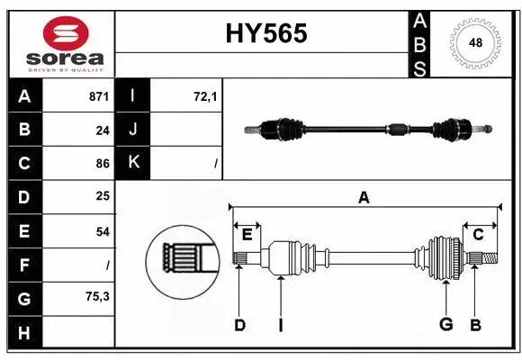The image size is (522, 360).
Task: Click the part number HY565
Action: (265, 33)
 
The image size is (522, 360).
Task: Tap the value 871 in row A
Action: (99, 95)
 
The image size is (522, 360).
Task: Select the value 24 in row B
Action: (103, 130)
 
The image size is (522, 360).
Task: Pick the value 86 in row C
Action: (103, 164)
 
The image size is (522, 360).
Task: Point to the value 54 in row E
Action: (103, 231)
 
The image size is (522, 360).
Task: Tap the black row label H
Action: (24, 333)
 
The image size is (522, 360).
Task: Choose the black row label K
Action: (134, 163)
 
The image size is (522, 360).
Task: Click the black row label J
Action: (134, 130)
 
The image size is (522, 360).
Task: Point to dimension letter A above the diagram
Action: (364, 197)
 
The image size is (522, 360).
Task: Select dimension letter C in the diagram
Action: (479, 235)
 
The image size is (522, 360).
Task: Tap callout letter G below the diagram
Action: (445, 325)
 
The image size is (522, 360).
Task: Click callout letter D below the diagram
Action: (239, 325)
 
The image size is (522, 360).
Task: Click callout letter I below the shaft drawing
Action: (281, 325)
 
